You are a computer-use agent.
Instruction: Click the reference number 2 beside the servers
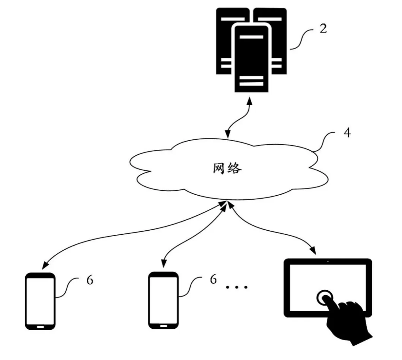[x=323, y=28]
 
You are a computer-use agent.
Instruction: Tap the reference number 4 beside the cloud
[x=347, y=133]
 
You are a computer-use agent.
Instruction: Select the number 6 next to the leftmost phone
[x=90, y=280]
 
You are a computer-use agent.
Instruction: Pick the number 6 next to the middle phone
[x=213, y=279]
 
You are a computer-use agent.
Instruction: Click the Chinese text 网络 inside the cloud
[x=227, y=168]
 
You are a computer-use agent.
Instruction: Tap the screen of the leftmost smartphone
[x=40, y=301]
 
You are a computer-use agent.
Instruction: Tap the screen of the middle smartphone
[x=163, y=300]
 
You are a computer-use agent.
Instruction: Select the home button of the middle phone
[x=163, y=326]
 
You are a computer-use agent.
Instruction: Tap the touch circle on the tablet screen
[x=325, y=297]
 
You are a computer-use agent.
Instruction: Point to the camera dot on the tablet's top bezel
[x=328, y=261]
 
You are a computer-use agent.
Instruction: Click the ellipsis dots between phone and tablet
[x=236, y=287]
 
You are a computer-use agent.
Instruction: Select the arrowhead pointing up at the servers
[x=249, y=101]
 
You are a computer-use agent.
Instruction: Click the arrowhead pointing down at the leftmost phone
[x=45, y=265]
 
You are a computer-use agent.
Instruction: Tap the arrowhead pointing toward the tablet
[x=313, y=250]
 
